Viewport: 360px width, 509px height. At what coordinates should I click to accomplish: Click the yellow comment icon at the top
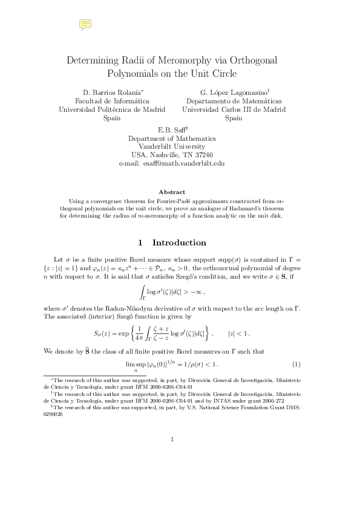85,24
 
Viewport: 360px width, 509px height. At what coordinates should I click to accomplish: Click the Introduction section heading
179,243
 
